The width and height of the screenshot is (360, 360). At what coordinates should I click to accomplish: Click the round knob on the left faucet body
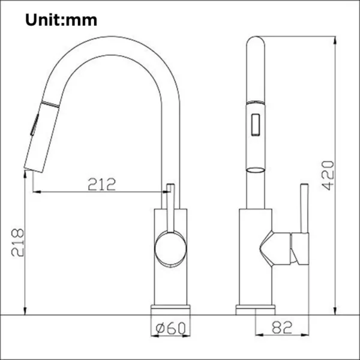[170, 250]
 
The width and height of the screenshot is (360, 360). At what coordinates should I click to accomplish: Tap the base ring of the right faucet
[256, 308]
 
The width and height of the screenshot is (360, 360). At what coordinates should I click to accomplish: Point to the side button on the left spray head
[32, 128]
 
